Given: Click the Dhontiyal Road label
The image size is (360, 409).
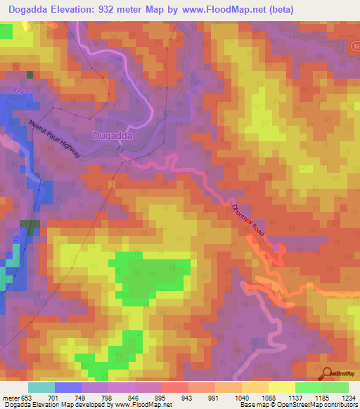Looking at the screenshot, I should tap(250, 224).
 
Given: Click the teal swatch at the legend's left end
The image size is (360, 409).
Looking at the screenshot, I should tap(41, 387).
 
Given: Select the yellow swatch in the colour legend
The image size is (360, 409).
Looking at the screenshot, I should tap(282, 387).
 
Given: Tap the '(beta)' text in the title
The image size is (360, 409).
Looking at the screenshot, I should tap(278, 9).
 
